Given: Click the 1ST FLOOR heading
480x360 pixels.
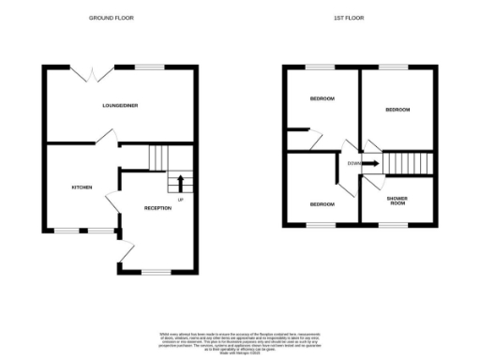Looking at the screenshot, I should pyautogui.click(x=349, y=18).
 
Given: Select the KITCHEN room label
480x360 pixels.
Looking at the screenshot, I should pyautogui.click(x=82, y=187).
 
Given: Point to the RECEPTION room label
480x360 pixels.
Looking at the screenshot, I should pyautogui.click(x=157, y=207).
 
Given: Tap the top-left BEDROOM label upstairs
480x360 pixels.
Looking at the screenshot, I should pyautogui.click(x=322, y=98).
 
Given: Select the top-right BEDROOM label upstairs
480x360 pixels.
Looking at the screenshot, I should pyautogui.click(x=397, y=110).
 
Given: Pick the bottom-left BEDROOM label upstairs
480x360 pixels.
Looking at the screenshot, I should pyautogui.click(x=322, y=203).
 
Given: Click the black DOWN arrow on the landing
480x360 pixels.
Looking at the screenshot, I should pyautogui.click(x=370, y=164).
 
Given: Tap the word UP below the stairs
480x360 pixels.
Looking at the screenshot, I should pyautogui.click(x=180, y=200).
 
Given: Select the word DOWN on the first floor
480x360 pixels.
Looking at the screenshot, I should pyautogui.click(x=353, y=164).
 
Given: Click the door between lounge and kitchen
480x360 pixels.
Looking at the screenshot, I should pyautogui.click(x=108, y=138).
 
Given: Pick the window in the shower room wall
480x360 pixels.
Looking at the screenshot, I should pyautogui.click(x=394, y=225).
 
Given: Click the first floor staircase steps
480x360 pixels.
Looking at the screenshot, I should pyautogui.click(x=407, y=163).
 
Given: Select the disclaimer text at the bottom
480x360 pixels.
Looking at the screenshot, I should pyautogui.click(x=240, y=341).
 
